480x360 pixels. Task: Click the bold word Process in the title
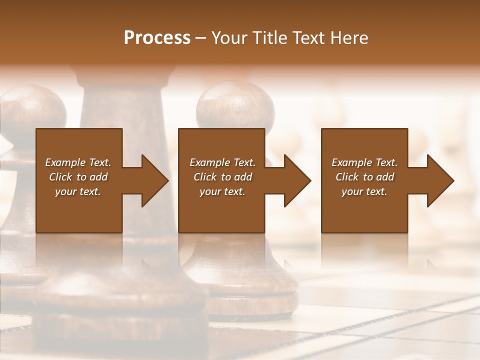(157, 37)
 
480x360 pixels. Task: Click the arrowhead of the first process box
(155, 180)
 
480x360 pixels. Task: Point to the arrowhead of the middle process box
(297, 180)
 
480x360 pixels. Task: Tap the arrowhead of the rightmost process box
(440, 180)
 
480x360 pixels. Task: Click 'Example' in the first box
(65, 162)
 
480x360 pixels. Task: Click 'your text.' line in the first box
(78, 191)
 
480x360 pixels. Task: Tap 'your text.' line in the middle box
(222, 191)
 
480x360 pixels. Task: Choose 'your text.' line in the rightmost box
(364, 191)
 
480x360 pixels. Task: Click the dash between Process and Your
(201, 38)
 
